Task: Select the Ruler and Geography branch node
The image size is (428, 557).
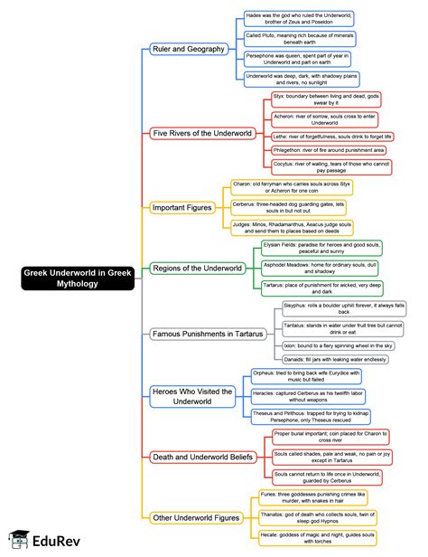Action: pyautogui.click(x=188, y=48)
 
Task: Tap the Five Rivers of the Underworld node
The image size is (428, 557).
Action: pyautogui.click(x=200, y=132)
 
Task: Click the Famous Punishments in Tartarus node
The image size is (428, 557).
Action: pyautogui.click(x=209, y=333)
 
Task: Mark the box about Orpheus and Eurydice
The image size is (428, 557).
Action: pyautogui.click(x=297, y=374)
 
